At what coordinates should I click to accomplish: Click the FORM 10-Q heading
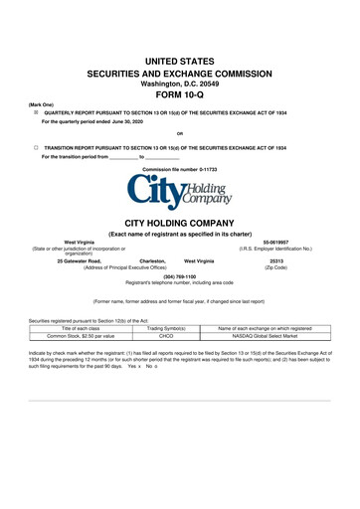pos(179,95)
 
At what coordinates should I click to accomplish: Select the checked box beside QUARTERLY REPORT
pos(35,113)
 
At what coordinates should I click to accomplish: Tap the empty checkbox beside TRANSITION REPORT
pos(35,146)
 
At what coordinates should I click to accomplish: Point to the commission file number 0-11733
pos(179,170)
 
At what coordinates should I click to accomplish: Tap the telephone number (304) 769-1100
pos(179,275)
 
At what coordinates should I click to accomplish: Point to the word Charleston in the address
pos(152,260)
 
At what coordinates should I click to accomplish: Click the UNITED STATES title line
pos(179,61)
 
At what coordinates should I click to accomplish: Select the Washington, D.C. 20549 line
pos(179,84)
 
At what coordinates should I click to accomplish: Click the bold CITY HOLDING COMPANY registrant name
pos(179,223)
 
